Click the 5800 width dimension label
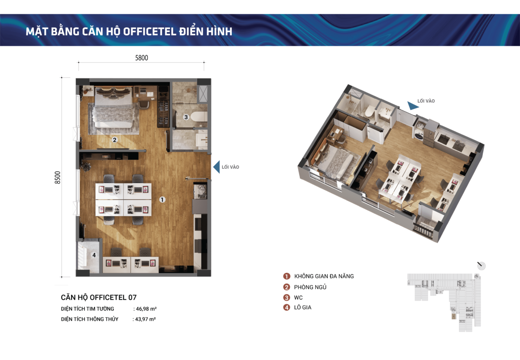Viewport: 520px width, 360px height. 142,58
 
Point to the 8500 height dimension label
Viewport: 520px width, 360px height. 57,177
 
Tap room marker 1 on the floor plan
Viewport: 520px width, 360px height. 162,200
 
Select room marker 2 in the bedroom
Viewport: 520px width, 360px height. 114,140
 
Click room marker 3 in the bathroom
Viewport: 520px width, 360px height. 186,117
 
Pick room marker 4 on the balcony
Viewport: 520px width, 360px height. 94,255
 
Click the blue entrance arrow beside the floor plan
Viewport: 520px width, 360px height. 217,167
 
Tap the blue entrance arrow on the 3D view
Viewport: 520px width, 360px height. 413,106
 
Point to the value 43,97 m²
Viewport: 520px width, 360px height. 145,319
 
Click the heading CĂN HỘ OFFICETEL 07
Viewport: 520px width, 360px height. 99,297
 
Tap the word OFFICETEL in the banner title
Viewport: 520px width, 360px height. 149,32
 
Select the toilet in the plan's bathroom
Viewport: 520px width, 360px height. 199,117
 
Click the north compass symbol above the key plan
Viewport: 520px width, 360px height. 481,265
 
